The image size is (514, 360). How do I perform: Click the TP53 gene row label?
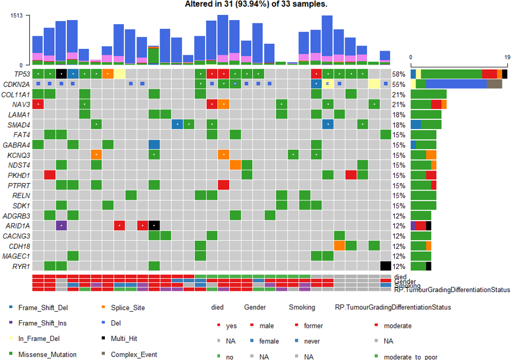tap(19, 74)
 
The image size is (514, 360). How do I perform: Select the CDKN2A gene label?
tap(16, 84)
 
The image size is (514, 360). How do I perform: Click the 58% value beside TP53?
tap(398, 74)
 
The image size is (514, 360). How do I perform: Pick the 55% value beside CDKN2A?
tap(398, 84)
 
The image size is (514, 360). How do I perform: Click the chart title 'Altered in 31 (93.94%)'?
tap(256, 4)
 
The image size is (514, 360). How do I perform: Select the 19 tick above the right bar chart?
tap(507, 58)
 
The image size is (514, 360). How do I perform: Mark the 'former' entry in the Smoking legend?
tap(312, 325)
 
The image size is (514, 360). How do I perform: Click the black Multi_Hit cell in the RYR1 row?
tap(385, 266)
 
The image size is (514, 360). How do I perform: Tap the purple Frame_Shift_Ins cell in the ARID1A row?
tap(61, 226)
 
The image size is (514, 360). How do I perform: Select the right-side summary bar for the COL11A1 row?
tap(429, 94)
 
